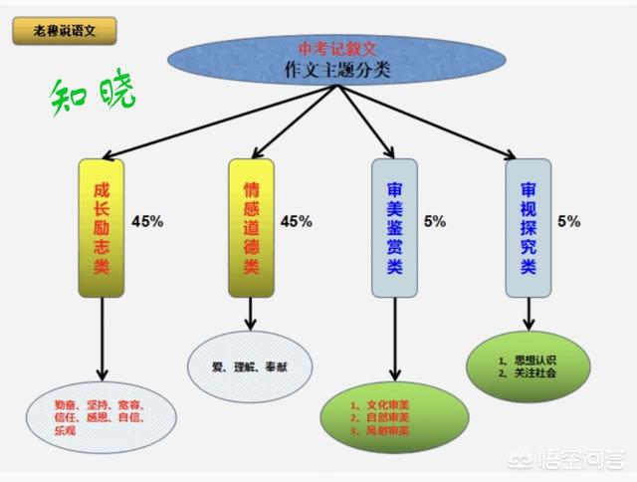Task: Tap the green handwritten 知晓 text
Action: pos(94,95)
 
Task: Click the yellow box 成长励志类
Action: pos(101,228)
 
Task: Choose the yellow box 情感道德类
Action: pos(251,227)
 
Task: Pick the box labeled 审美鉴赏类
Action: pos(395,227)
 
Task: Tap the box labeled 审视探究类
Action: pos(529,227)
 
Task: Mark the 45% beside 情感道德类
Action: pos(297,220)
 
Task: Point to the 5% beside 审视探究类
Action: pos(569,220)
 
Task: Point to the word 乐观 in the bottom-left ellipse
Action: pos(66,430)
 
